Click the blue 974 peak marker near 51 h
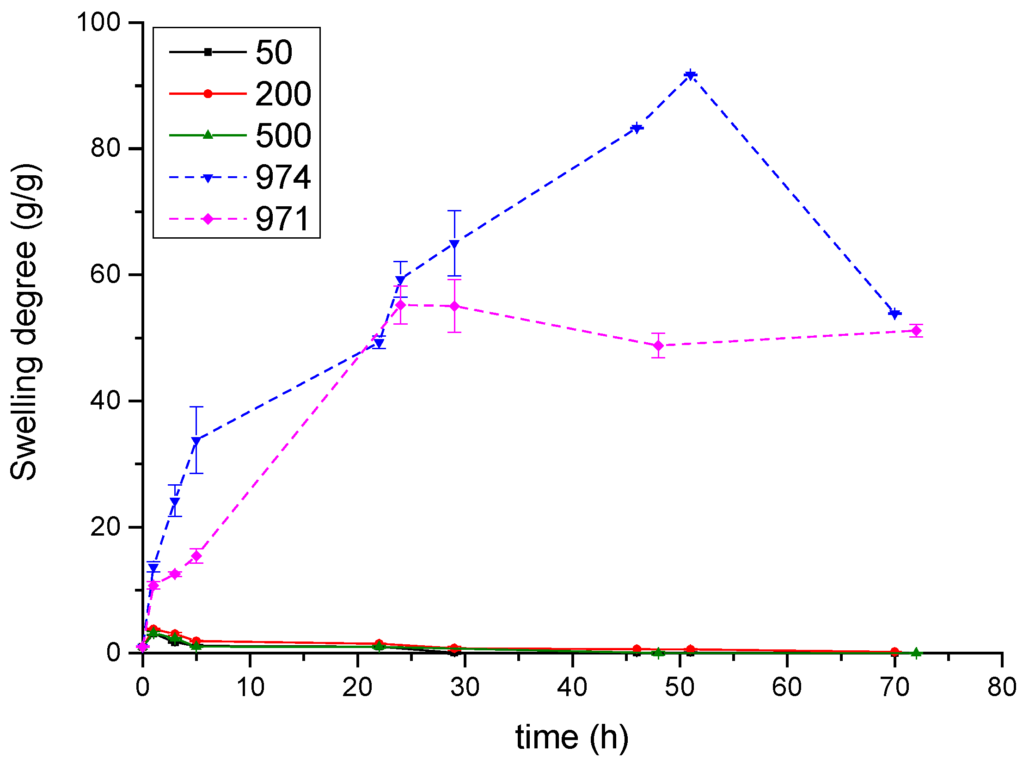coord(690,75)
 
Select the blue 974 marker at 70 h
coord(894,314)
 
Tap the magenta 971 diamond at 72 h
coord(916,331)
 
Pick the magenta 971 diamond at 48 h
coord(658,346)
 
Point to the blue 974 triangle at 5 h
coord(196,441)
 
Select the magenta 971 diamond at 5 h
coord(196,555)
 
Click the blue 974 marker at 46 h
coord(637,129)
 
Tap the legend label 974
coord(283,178)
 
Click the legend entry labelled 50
coord(274,52)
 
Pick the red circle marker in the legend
coord(208,94)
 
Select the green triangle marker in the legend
coord(208,135)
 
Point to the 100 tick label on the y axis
coord(98,22)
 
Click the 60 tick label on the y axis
coord(105,274)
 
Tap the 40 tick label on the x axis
coord(572,687)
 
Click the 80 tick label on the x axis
coord(1001,687)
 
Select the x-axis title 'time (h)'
coord(572,737)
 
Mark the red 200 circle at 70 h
coord(894,652)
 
